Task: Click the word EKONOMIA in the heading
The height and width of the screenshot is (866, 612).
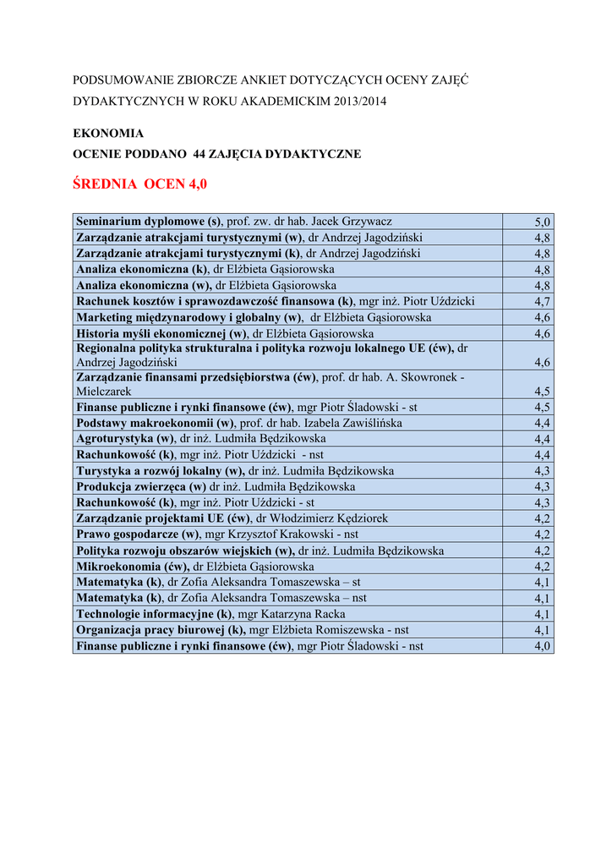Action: click(108, 134)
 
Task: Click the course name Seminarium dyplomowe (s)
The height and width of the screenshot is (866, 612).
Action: click(149, 222)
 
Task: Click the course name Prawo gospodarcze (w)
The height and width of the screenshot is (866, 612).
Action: click(138, 534)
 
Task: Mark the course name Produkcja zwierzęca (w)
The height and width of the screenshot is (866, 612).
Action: click(141, 487)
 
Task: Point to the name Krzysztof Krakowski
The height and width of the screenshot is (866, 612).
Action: click(280, 534)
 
